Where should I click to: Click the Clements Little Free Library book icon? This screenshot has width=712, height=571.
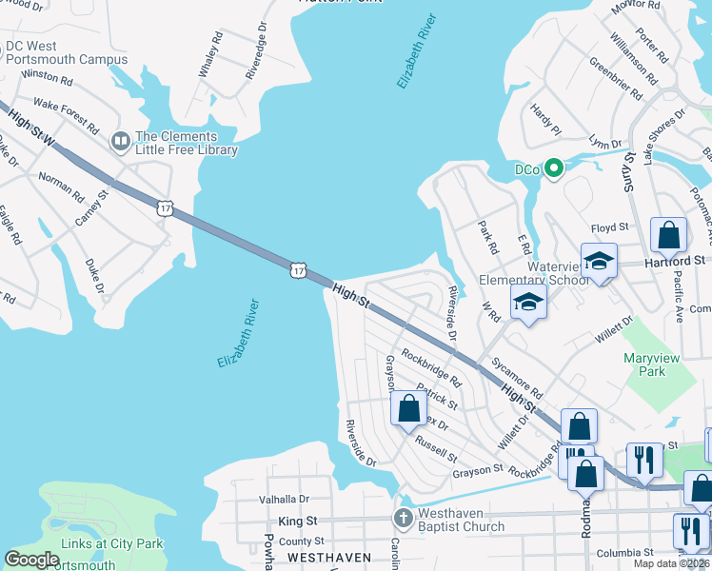tap(120, 142)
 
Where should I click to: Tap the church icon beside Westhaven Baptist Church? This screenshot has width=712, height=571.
tap(404, 519)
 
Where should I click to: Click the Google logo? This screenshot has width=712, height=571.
tap(31, 560)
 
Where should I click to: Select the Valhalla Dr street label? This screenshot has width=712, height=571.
tap(285, 499)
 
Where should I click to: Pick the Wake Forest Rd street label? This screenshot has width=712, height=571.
tap(67, 114)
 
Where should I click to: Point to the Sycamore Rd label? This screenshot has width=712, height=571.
tap(517, 379)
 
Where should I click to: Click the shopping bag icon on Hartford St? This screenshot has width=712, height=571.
tap(668, 234)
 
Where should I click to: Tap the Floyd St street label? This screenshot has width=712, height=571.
tap(610, 228)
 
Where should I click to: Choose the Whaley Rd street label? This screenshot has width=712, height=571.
tap(210, 60)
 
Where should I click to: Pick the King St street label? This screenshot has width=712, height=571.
tap(296, 522)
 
